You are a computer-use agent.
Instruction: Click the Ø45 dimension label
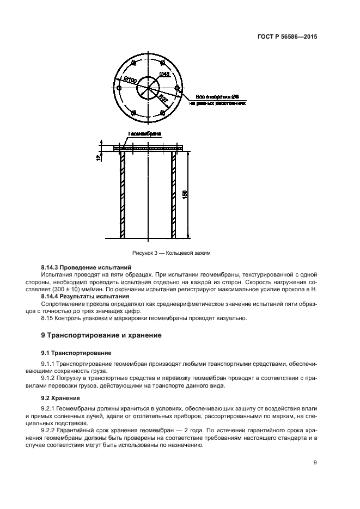(x=163, y=74)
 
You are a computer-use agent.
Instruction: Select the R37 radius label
(x=162, y=97)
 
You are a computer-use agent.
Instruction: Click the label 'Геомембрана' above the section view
(x=144, y=133)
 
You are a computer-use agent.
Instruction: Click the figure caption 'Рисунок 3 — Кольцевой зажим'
(x=170, y=253)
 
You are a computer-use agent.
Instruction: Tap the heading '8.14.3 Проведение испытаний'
(x=86, y=268)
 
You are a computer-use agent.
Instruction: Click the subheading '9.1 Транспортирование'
(x=76, y=353)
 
